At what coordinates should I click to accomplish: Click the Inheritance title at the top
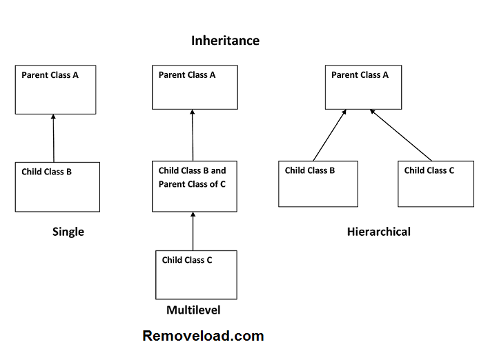pos(225,41)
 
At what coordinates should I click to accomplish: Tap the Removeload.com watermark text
pos(203,337)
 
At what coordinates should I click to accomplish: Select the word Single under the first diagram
pos(68,232)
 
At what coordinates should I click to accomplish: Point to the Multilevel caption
pos(193,310)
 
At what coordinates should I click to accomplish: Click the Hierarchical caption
pos(378,232)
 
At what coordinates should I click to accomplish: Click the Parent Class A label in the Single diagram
pos(50,74)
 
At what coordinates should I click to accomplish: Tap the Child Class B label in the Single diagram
pos(46,172)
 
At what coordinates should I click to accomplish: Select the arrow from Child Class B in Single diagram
pos(53,138)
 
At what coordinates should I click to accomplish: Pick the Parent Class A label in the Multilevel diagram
pos(187,74)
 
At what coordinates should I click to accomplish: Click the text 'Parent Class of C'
pos(192,184)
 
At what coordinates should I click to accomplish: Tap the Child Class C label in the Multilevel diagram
pos(187,260)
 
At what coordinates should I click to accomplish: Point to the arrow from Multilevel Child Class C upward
pos(193,231)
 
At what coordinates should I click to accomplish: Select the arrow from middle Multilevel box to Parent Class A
pos(193,134)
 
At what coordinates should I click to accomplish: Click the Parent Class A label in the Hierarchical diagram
pos(360,74)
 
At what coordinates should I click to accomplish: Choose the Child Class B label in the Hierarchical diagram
pos(310,170)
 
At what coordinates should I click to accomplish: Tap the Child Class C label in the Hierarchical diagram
pos(429,170)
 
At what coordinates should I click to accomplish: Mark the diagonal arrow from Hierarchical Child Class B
pos(329,135)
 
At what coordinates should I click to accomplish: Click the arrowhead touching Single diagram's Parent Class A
pos(53,118)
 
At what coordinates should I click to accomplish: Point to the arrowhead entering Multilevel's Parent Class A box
pos(193,113)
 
